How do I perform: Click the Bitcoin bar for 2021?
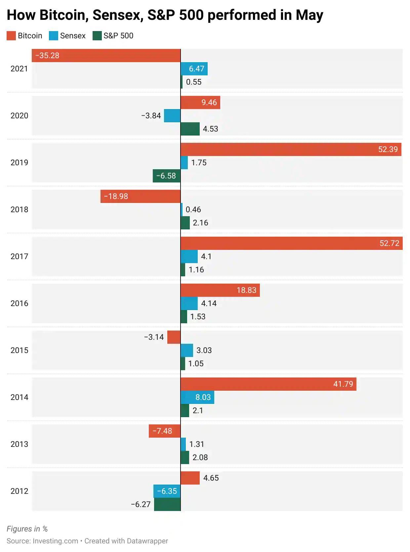click(x=106, y=56)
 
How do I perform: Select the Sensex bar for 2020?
click(x=172, y=116)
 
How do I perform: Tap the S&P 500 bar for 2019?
click(x=167, y=176)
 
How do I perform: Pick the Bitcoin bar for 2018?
click(x=141, y=196)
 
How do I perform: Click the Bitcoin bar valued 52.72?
click(x=291, y=243)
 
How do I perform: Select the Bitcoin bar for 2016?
click(x=220, y=290)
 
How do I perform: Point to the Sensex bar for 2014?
click(x=197, y=397)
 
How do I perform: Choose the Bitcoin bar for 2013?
click(x=165, y=431)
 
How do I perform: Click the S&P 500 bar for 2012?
click(x=167, y=504)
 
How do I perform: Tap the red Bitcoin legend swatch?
click(x=11, y=36)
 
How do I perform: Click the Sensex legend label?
click(x=73, y=36)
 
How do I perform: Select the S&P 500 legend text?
click(x=118, y=36)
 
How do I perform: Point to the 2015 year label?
click(x=19, y=350)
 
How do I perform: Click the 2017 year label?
click(x=19, y=256)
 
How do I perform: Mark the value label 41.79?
click(x=343, y=384)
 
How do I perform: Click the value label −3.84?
click(x=151, y=116)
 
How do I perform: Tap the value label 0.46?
click(x=193, y=210)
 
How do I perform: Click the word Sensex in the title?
click(x=118, y=15)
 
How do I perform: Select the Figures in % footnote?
click(x=27, y=529)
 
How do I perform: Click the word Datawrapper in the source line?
click(x=147, y=541)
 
